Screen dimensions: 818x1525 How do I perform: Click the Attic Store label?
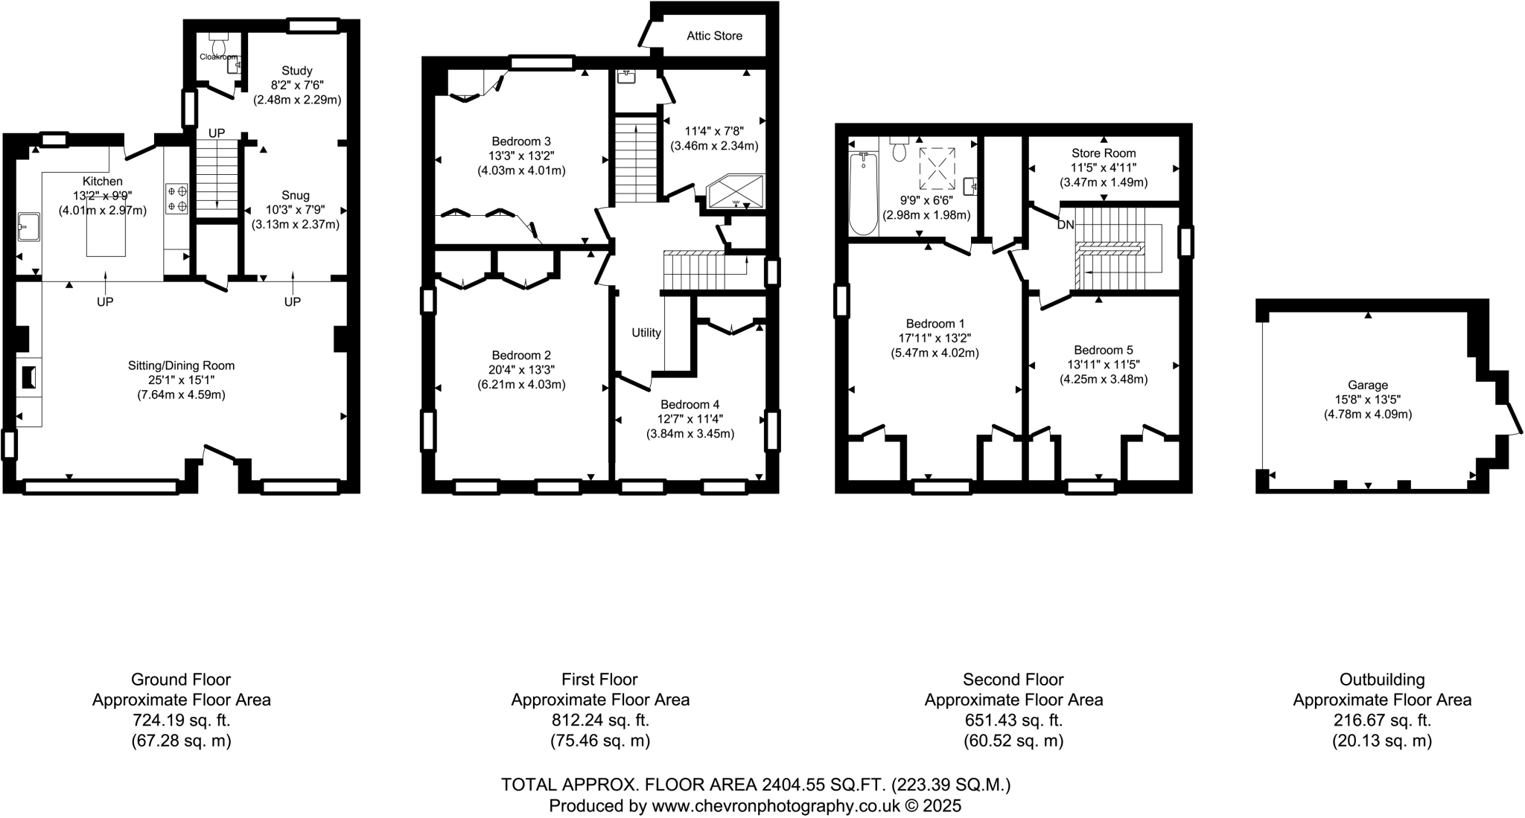coord(714,36)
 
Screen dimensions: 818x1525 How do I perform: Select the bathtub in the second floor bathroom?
coord(863,193)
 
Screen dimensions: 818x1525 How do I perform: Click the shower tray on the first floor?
coord(736,192)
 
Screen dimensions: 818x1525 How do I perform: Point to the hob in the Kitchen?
coord(177,199)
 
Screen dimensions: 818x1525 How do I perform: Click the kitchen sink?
coord(28,227)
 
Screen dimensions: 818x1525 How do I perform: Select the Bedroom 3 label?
coord(521,141)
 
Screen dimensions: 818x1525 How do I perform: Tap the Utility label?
coord(646,333)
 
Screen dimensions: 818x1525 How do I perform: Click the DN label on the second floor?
coord(1066,225)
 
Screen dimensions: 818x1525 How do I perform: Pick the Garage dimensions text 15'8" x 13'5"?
coord(1367,399)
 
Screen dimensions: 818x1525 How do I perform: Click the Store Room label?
coord(1104,153)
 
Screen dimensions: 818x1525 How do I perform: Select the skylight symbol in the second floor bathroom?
coord(937,169)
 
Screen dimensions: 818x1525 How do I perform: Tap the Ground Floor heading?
coord(181,680)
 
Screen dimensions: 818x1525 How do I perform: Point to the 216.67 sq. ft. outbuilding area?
coord(1382,720)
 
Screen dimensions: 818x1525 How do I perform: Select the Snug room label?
coord(296,196)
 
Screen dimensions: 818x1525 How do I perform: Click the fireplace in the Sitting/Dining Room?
coord(29,377)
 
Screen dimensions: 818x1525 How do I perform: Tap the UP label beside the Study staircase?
coord(217,133)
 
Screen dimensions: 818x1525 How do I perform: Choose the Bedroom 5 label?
coord(1104,350)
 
